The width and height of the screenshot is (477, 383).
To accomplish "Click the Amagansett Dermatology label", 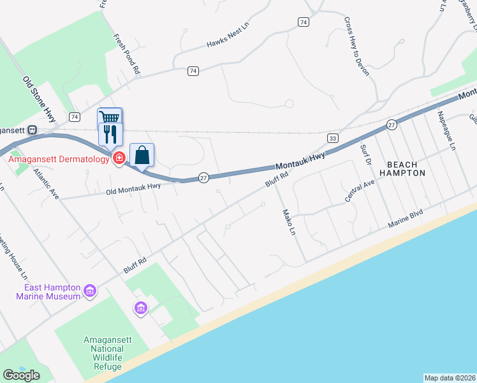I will coord(59,159).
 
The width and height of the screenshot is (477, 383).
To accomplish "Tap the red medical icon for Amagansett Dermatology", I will coord(119,158).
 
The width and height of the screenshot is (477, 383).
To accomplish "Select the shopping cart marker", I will coord(110,117).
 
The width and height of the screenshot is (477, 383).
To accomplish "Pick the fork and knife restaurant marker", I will coord(110,133).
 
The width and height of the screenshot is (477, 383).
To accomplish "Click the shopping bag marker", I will coord(142,154).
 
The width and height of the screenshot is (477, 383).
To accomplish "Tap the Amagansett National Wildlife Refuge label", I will coord(107,353).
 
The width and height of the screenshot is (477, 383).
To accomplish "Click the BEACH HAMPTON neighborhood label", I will coord(402,169).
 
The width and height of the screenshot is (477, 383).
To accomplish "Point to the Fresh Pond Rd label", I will coord(126,55).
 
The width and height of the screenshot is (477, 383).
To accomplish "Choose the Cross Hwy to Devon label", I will coord(357,46).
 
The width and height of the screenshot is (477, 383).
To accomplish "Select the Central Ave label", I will coord(360,192).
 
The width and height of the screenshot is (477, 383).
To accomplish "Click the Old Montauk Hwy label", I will coord(134,187).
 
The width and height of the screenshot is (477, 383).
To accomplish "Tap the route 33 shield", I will coord(333,138).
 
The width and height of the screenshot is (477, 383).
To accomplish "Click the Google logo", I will coord(22,375).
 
